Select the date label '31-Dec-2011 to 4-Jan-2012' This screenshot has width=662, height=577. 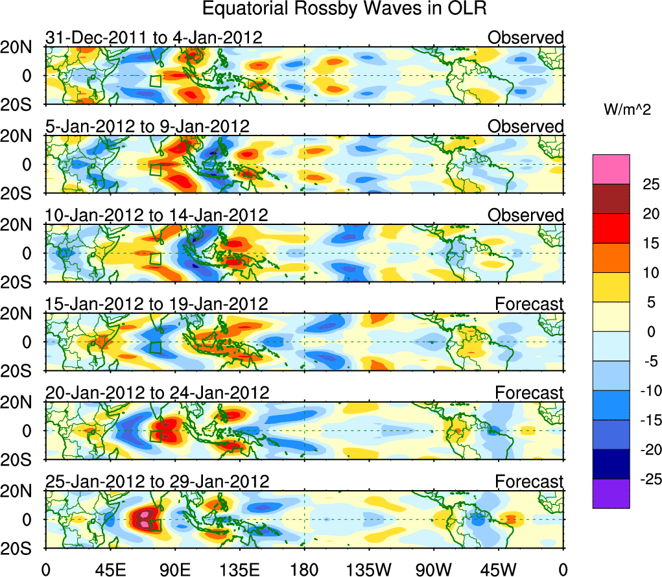pyautogui.click(x=154, y=38)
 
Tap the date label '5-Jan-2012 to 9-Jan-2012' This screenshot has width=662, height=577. pyautogui.click(x=147, y=126)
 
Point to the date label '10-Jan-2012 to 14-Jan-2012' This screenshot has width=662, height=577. pyautogui.click(x=156, y=215)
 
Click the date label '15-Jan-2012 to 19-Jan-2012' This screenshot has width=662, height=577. pyautogui.click(x=156, y=303)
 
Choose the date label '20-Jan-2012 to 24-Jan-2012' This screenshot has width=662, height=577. pyautogui.click(x=156, y=392)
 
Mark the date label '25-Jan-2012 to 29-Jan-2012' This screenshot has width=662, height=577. pyautogui.click(x=156, y=481)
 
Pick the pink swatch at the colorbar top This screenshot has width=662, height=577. pyautogui.click(x=611, y=169)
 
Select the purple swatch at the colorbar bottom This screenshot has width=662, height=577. pyautogui.click(x=611, y=493)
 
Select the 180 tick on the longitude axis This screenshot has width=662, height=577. pyautogui.click(x=304, y=569)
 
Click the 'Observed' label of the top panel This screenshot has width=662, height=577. pyautogui.click(x=526, y=38)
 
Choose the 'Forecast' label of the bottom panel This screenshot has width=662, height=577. pyautogui.click(x=529, y=481)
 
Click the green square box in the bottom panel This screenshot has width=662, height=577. pyautogui.click(x=155, y=525)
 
